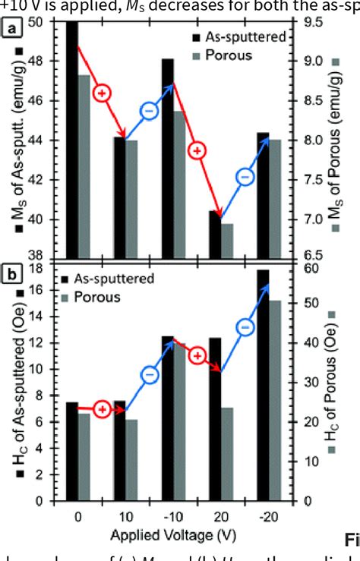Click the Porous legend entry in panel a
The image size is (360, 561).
click(220, 56)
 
